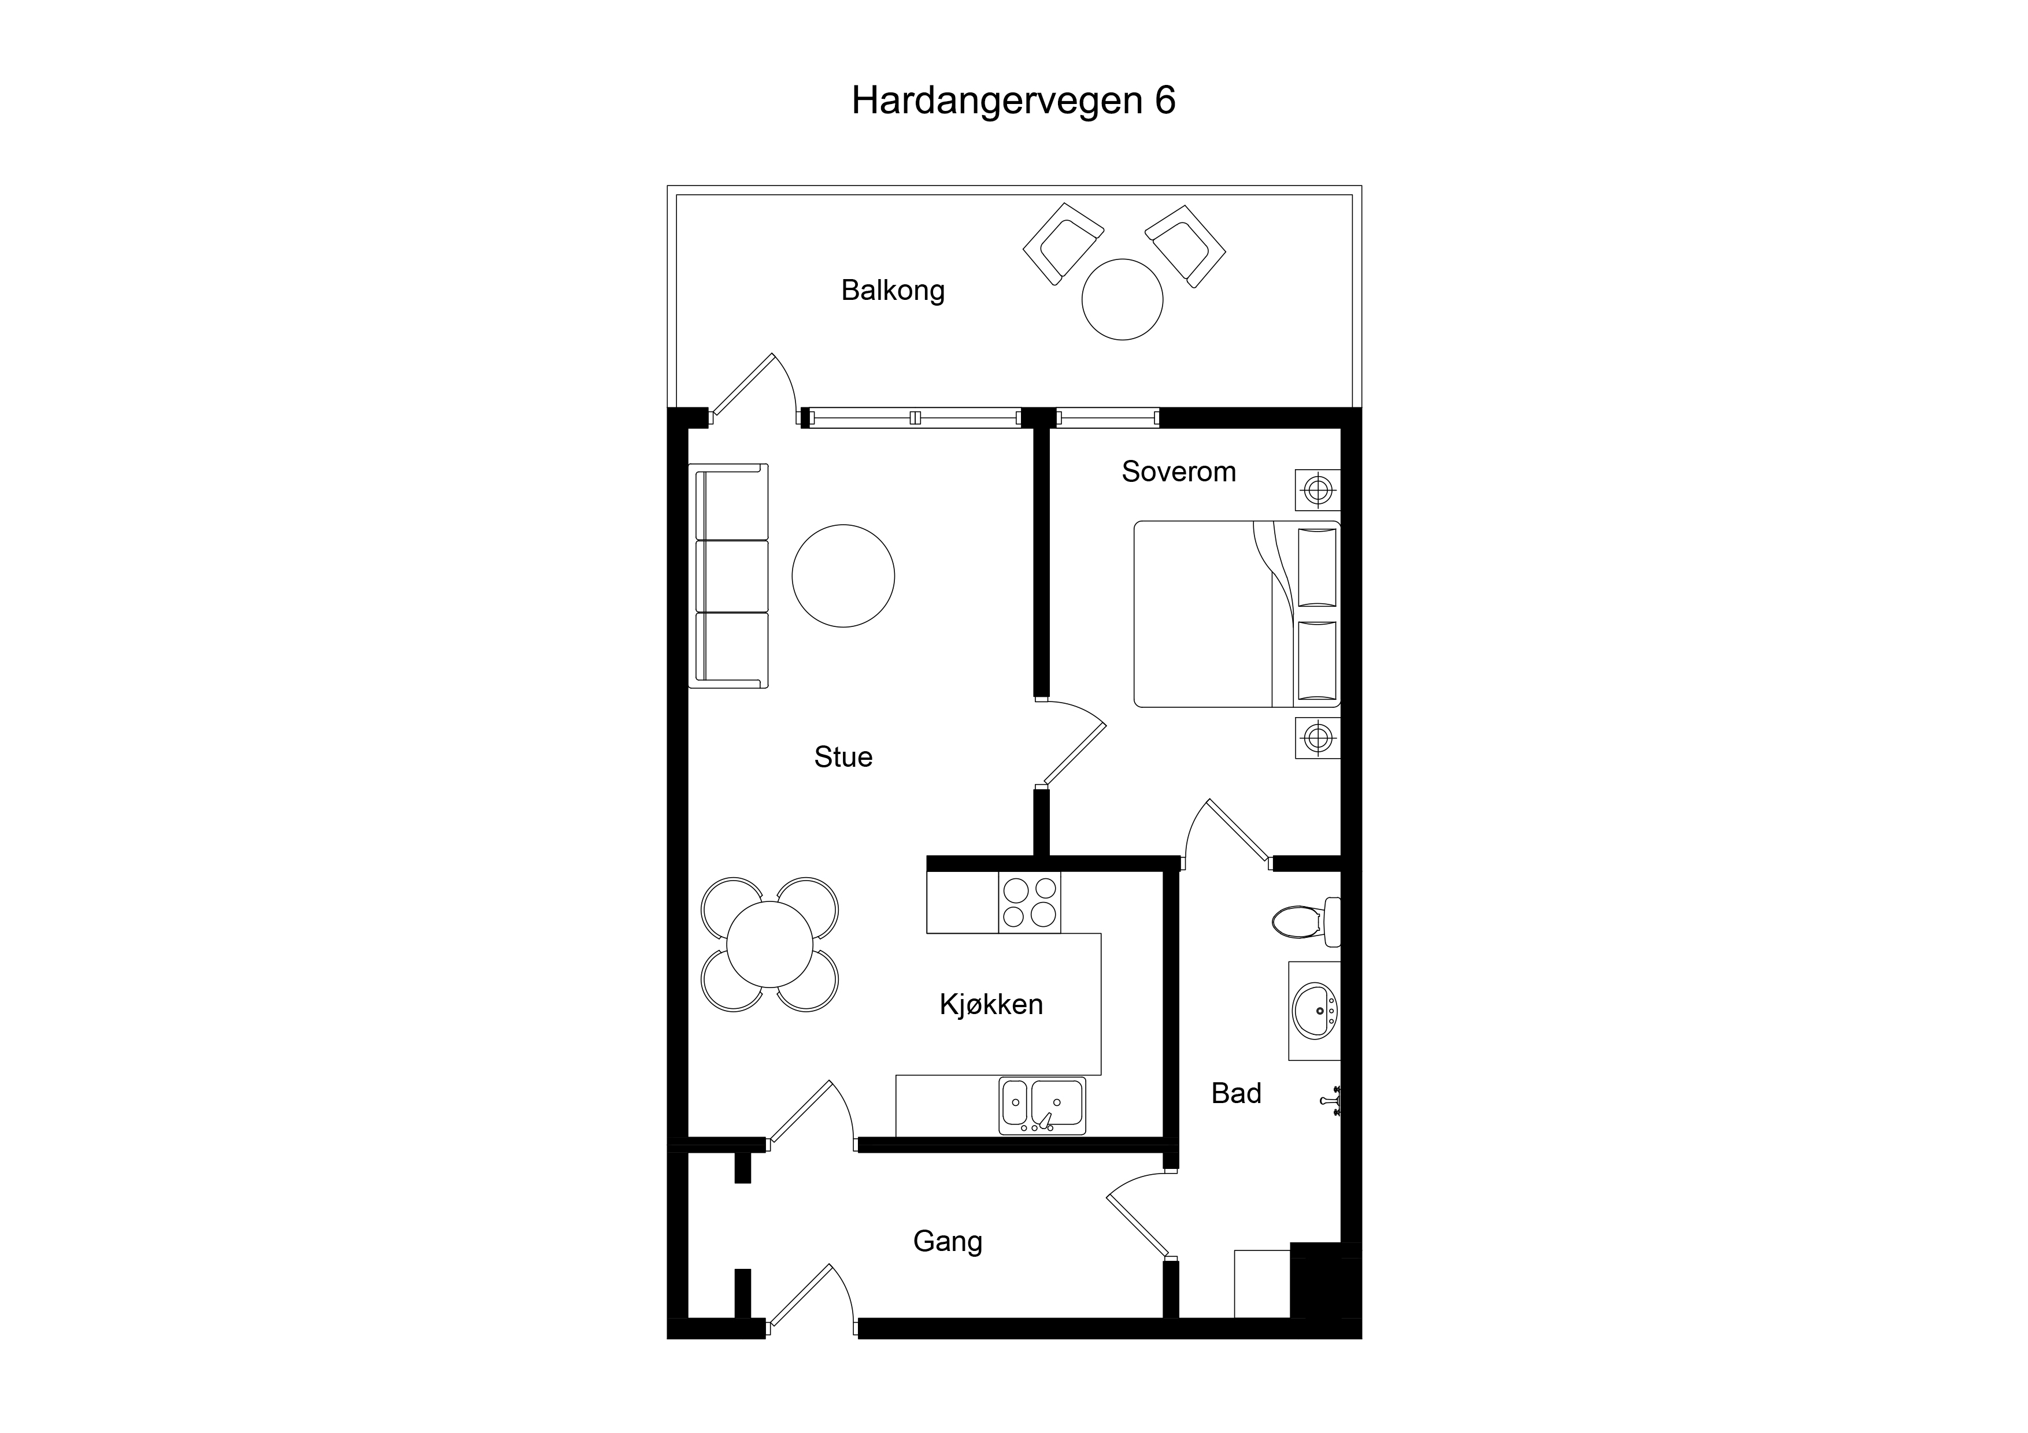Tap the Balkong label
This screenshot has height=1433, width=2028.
pyautogui.click(x=893, y=291)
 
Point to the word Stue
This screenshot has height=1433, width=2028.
pyautogui.click(x=843, y=757)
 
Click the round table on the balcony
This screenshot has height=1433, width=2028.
pyautogui.click(x=1123, y=299)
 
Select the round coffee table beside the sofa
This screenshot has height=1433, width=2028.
pyautogui.click(x=843, y=576)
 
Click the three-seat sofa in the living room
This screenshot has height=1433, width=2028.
pyautogui.click(x=728, y=576)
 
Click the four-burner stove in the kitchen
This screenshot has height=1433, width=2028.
pyautogui.click(x=1029, y=903)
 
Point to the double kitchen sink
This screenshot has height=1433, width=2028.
pyautogui.click(x=1042, y=1105)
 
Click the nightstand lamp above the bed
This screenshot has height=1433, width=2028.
pyautogui.click(x=1318, y=489)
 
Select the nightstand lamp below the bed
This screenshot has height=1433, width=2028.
pyautogui.click(x=1318, y=737)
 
